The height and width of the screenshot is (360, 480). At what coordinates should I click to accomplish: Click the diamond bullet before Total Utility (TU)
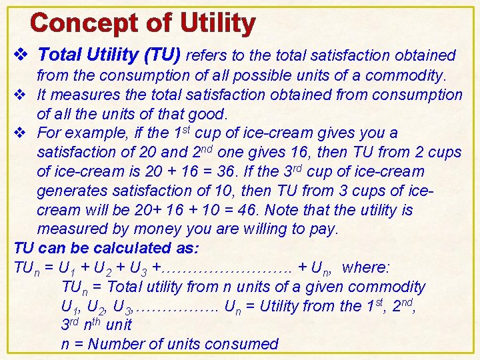pyautogui.click(x=21, y=55)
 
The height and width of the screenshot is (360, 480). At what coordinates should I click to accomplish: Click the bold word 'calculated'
pyautogui.click(x=125, y=248)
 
